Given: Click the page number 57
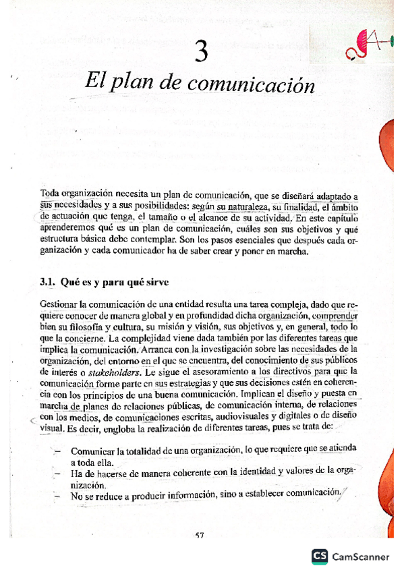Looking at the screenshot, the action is coord(200,536).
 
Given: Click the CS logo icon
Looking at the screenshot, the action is coord(320,556).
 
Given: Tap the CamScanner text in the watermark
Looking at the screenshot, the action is coord(360,557).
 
